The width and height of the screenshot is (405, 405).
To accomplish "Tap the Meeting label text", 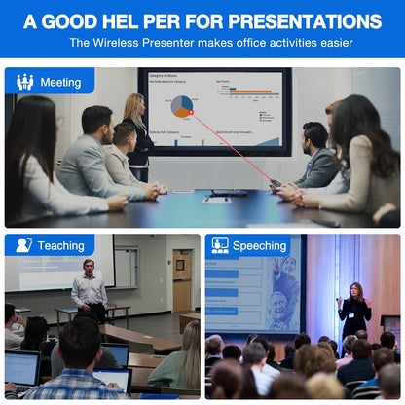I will click(60, 82).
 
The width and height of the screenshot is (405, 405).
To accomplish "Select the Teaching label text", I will click(61, 246).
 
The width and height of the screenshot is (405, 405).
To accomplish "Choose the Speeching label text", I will click(260, 246).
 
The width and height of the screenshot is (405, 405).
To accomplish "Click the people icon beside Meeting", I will click(24, 82).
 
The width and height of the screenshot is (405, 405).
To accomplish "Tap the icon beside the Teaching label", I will click(24, 245).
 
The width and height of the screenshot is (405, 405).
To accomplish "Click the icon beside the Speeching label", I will click(220, 245).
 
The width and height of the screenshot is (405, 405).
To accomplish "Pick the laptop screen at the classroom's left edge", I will click(20, 367).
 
